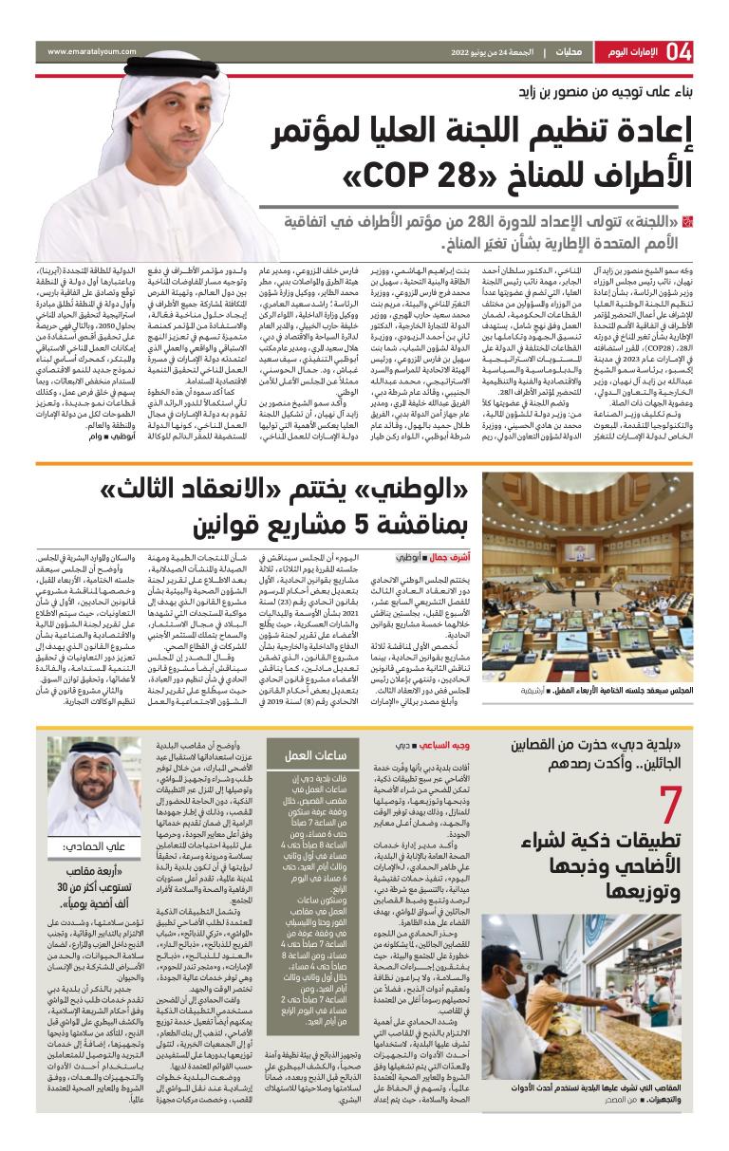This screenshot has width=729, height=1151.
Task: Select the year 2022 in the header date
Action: click(465, 51)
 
